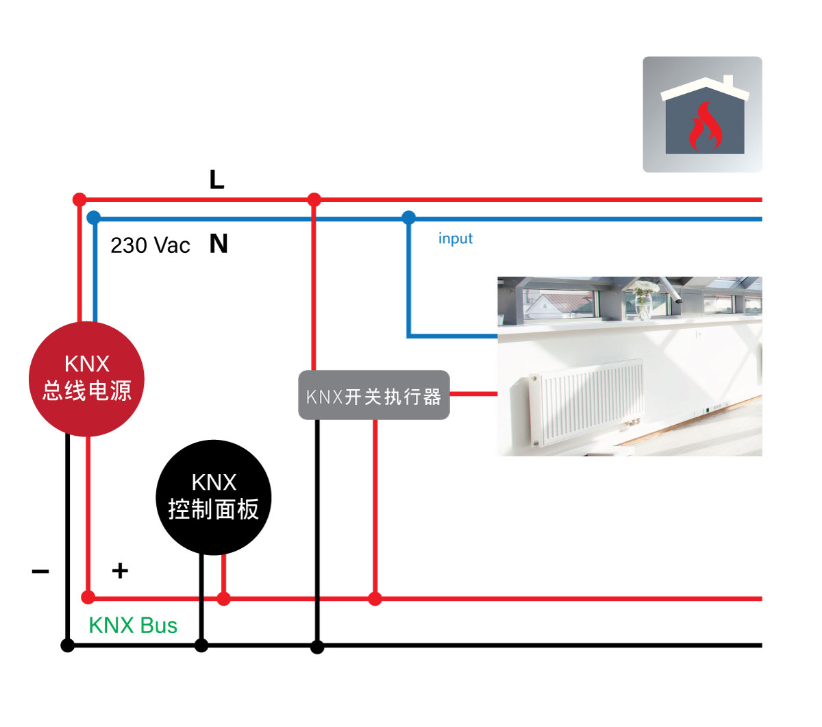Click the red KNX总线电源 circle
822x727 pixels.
86,379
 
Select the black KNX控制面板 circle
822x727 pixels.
214,497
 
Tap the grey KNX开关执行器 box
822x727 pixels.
373,395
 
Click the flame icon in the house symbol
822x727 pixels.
705,127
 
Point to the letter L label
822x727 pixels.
216,180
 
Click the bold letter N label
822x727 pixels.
219,244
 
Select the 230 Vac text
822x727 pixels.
150,245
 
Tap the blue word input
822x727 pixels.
455,238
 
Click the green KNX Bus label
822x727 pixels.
133,625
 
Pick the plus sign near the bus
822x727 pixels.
120,570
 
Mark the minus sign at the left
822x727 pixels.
40,571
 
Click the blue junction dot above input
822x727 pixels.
408,219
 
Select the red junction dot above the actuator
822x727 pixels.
314,200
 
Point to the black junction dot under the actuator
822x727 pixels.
316,646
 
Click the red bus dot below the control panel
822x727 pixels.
223,599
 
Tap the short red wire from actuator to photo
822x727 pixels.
473,394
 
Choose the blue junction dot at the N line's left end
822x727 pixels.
94,219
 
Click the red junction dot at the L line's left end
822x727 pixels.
79,200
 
